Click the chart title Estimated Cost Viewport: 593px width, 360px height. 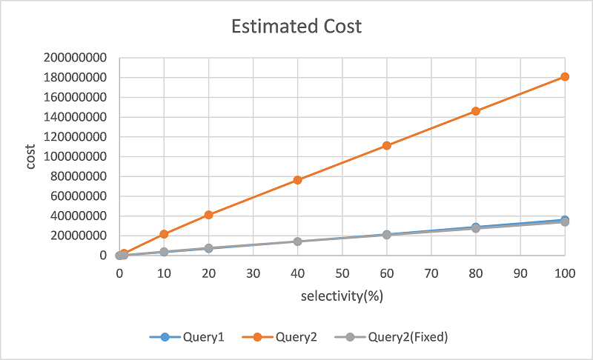coord(296,27)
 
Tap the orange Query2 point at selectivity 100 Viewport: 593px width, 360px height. coord(565,76)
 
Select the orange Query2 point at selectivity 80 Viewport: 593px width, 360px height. coord(476,111)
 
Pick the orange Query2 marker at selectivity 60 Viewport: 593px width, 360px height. coord(387,145)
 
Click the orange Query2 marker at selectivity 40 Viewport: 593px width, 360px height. coord(297,180)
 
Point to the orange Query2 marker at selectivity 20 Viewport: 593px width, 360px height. coord(208,215)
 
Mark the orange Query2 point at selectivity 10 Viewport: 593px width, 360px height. coord(164,234)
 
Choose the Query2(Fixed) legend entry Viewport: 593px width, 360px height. coord(401,336)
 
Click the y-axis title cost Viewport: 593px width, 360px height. coord(31,156)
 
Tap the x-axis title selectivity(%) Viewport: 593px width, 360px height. coord(342,297)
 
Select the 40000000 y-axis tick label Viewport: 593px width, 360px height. coord(79,216)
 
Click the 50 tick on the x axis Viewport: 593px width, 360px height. coord(342,272)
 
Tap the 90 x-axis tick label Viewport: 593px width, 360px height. coord(520,272)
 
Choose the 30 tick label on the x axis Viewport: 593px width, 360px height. coord(253,272)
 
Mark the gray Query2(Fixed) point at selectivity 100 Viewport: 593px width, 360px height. coord(565,221)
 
